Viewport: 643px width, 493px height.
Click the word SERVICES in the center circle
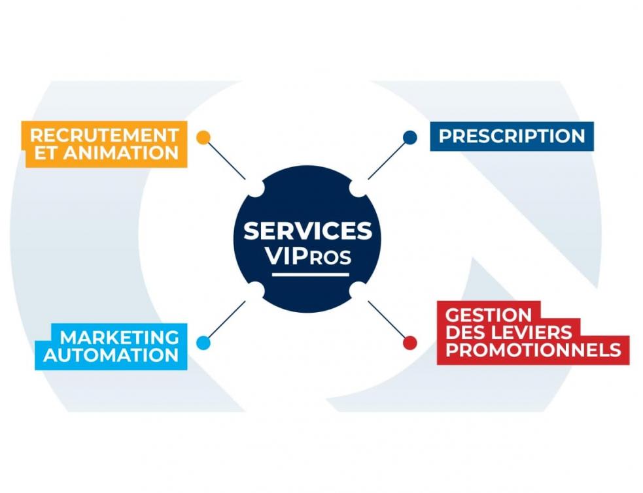[307, 231]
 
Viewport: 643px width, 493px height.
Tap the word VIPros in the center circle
[308, 257]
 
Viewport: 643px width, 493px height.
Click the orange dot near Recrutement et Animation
[203, 137]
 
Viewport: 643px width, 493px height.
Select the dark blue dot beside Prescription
[409, 137]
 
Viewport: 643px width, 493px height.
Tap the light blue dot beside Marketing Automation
[203, 342]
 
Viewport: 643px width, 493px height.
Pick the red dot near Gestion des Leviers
[409, 342]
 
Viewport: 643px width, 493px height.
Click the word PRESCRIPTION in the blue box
[512, 136]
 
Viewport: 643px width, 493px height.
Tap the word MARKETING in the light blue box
[120, 337]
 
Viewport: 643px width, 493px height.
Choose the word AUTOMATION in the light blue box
[111, 355]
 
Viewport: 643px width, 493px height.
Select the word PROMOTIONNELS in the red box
[532, 349]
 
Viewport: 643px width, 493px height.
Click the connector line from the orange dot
[226, 160]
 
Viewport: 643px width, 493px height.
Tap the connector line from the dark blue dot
[387, 159]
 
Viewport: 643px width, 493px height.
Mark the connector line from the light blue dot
[226, 320]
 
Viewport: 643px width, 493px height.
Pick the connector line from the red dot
[387, 320]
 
